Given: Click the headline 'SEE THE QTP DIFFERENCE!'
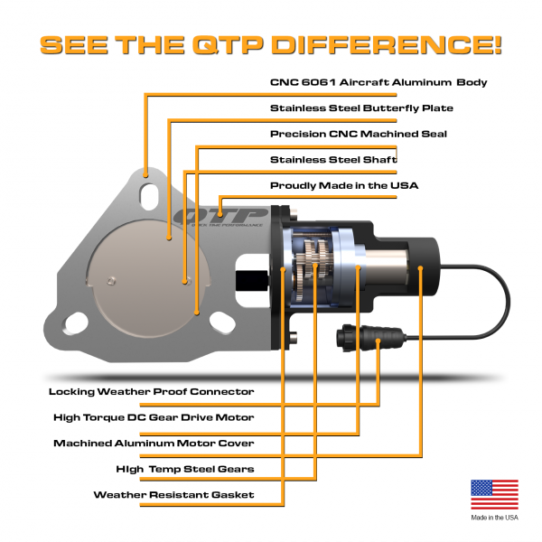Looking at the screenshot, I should point(270,44).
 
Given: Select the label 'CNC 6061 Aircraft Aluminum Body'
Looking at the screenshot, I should point(378,82).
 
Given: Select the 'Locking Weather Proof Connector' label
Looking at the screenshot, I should point(151,392).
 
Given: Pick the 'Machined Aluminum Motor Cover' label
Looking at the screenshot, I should point(154,444).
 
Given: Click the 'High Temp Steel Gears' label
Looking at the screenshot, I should point(185,469).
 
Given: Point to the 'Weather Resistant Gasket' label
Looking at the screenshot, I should point(173,495).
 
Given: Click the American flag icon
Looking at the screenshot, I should point(494,495).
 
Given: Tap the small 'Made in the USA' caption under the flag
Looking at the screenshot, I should point(494,518).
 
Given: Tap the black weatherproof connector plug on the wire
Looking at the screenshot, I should point(361,338).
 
